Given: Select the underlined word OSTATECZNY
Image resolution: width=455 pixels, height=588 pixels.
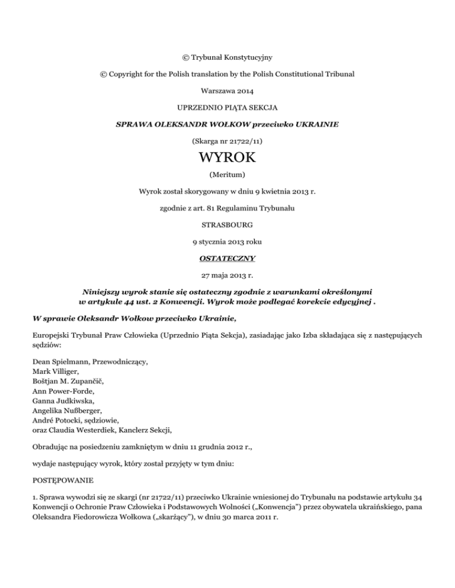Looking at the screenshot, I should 227,241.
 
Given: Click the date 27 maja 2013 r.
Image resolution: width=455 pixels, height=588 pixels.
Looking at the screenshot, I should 227,258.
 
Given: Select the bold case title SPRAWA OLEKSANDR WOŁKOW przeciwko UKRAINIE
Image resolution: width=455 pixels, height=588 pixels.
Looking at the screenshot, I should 227,125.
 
